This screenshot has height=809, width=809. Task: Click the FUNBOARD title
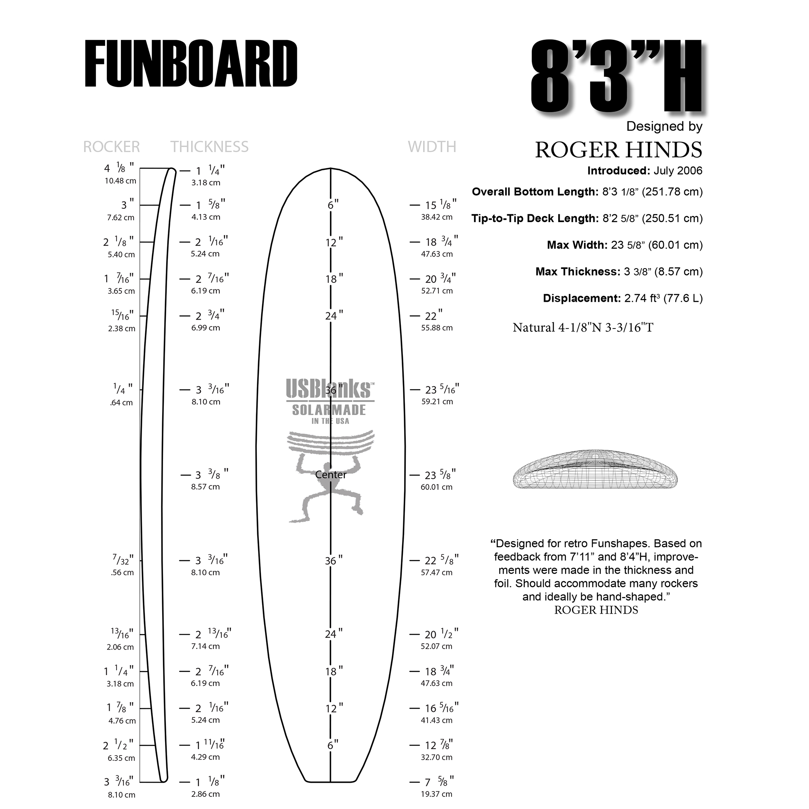click(x=191, y=64)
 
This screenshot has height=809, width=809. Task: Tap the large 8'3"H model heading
click(x=616, y=76)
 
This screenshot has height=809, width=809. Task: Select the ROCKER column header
click(x=111, y=147)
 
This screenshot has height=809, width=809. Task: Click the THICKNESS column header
click(x=210, y=147)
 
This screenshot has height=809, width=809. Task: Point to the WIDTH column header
click(x=432, y=147)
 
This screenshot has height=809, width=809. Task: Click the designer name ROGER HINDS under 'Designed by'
click(x=618, y=150)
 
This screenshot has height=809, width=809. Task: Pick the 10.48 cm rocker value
click(x=121, y=181)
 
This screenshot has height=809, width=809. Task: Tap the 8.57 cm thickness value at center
click(x=205, y=487)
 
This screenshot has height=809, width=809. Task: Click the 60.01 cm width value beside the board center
click(x=437, y=487)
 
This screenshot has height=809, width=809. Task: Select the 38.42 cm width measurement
click(x=437, y=217)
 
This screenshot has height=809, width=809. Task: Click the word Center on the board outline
click(x=331, y=475)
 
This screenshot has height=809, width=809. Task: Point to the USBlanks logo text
click(x=330, y=389)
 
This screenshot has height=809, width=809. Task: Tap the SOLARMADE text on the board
click(x=329, y=410)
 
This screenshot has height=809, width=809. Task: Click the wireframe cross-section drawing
click(x=595, y=469)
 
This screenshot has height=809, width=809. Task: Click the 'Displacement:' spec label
click(x=582, y=299)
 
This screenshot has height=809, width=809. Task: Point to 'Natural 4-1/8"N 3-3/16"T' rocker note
click(x=583, y=328)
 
